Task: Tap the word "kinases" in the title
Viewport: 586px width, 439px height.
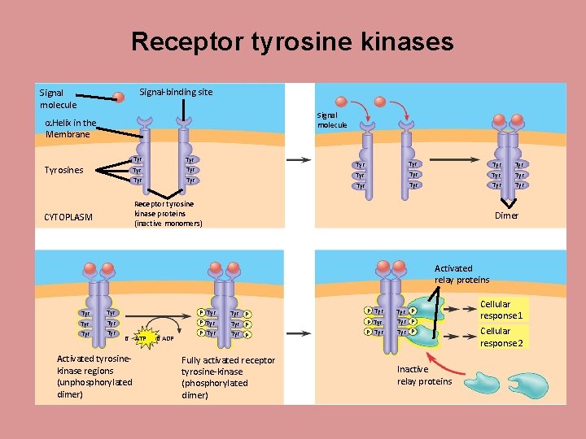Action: (406, 42)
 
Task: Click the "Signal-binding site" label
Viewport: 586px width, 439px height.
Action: (177, 92)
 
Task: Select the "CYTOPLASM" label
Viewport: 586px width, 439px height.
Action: (68, 217)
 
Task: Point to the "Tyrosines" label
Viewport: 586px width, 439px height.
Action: (68, 171)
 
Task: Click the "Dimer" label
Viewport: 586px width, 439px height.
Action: (506, 215)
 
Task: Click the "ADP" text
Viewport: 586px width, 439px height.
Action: (166, 338)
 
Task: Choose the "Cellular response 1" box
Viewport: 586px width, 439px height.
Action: (501, 310)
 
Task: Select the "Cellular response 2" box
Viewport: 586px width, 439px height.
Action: (501, 337)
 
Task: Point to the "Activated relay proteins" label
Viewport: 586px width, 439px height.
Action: (461, 274)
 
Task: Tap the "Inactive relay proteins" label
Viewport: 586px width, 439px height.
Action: (424, 375)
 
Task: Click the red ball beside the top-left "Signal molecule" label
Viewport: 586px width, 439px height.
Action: (119, 98)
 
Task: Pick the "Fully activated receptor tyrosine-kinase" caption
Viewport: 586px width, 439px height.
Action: (228, 377)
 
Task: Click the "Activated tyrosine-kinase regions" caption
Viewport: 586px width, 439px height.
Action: (94, 376)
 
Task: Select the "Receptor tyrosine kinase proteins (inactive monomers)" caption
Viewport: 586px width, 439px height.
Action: (168, 213)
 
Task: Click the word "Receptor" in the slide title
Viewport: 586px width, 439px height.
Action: (186, 42)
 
